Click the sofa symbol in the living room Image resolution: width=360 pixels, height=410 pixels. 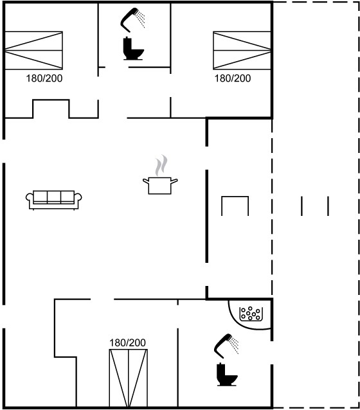point(53,200)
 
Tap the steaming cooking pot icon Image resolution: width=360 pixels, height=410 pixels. point(160,175)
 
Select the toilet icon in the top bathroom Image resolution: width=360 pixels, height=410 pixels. point(133,49)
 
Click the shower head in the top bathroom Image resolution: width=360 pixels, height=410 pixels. point(133,19)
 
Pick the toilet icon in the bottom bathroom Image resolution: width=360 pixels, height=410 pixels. point(227,374)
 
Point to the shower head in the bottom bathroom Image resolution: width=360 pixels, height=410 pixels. point(226,345)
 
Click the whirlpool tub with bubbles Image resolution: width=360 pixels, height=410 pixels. point(251,314)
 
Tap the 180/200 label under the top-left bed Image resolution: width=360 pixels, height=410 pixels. point(44,78)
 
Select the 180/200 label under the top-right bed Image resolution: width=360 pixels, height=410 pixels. point(233,78)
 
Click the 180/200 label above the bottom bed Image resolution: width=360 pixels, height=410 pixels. point(127,343)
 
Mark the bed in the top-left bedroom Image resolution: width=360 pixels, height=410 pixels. point(33,51)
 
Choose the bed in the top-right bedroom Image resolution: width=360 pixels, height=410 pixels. point(242,51)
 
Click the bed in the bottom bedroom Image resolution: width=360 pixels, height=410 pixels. point(128,378)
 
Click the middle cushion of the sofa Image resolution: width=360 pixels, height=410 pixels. point(54,197)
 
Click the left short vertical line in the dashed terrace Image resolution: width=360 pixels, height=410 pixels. point(301,206)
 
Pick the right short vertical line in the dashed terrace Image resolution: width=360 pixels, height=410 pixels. point(328,206)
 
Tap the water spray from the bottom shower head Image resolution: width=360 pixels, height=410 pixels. point(234,345)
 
